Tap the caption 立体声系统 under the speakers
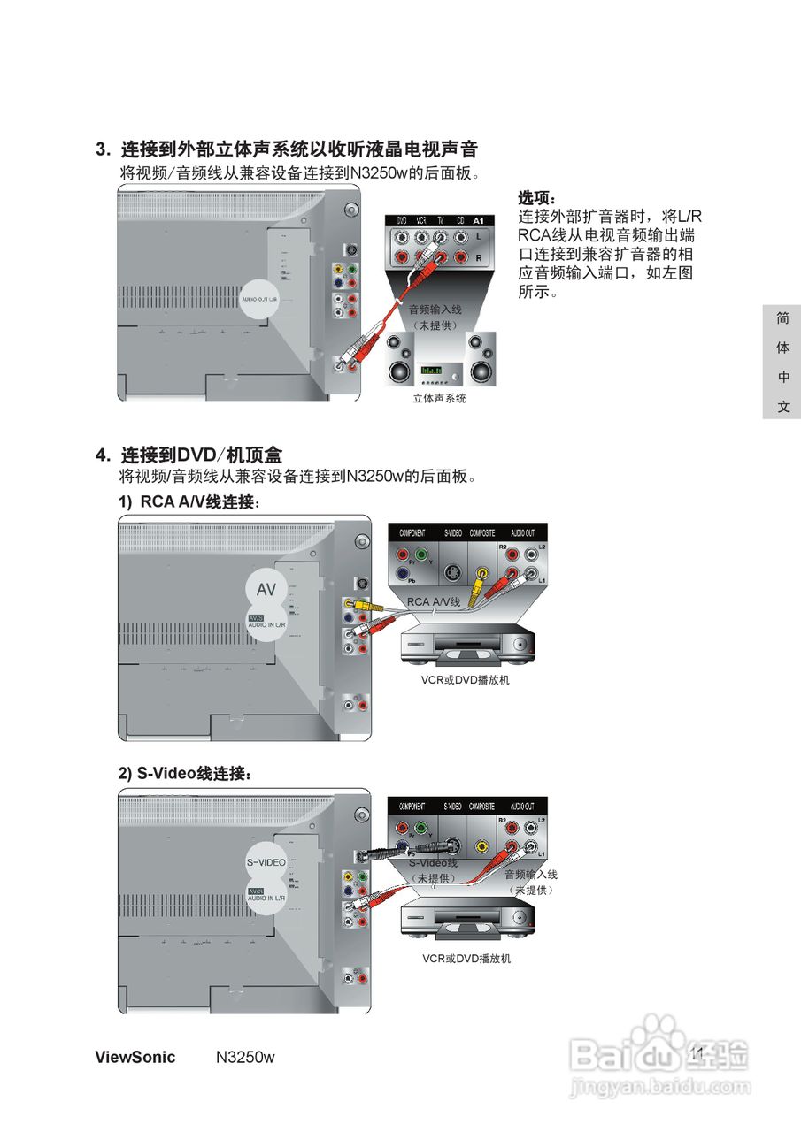coord(439,399)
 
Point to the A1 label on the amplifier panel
coord(479,219)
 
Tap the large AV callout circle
coord(266,590)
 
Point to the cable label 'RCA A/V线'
coord(434,601)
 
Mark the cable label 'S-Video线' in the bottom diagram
coord(433,862)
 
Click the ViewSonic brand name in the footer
coord(135,1058)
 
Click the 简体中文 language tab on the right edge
coord(782,363)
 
